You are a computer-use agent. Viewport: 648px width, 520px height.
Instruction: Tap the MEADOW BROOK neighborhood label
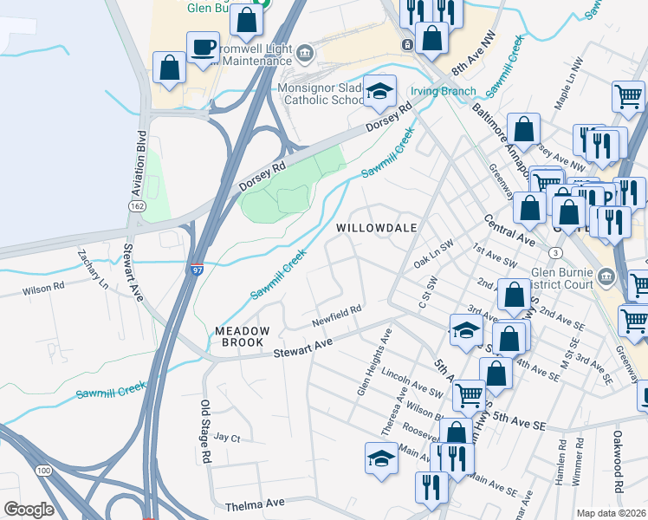(x=243, y=337)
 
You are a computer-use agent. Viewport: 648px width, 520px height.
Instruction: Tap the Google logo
(x=29, y=510)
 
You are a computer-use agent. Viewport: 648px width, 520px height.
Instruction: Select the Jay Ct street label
(x=226, y=438)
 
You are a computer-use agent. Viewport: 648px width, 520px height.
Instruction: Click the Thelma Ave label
(x=255, y=504)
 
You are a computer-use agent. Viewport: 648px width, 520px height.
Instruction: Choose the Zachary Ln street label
(x=93, y=270)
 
